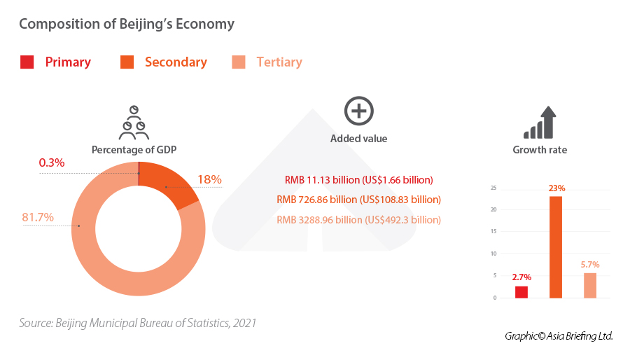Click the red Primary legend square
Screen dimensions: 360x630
[x=27, y=62]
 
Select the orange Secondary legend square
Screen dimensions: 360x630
[x=127, y=62]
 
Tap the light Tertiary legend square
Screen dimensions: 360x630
[x=238, y=62]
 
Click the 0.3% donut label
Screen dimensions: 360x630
[x=52, y=162]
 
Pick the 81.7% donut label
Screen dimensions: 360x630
[x=38, y=217]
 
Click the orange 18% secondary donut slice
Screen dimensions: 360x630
[x=171, y=186]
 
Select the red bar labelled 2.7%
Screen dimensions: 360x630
[x=521, y=291]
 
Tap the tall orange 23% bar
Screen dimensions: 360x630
[x=556, y=247]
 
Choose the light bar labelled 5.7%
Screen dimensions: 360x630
[x=590, y=285]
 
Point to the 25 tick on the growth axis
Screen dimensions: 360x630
[x=493, y=188]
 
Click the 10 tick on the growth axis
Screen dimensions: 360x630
[x=493, y=254]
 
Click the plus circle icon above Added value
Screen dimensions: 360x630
[x=358, y=111]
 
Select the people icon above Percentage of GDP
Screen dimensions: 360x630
[x=133, y=123]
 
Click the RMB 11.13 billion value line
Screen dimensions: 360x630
[x=358, y=179]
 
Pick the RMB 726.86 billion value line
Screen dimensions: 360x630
[x=358, y=200]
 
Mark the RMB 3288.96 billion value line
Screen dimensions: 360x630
[x=358, y=219]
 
